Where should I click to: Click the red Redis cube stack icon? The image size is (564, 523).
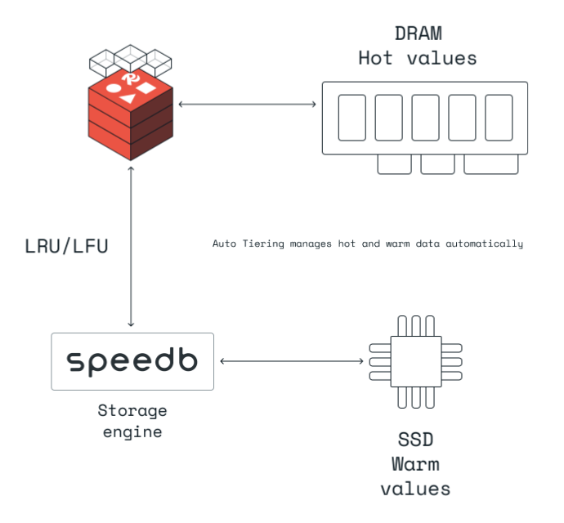point(132,114)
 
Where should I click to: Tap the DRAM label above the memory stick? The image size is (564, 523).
point(417,35)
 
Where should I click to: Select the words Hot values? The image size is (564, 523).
point(417,58)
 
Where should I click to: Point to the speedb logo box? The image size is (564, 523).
point(132,361)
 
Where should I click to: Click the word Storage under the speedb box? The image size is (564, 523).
point(132,410)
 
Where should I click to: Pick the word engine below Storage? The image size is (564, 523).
point(132,431)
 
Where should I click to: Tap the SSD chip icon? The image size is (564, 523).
point(415,360)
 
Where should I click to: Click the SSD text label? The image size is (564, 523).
point(414,440)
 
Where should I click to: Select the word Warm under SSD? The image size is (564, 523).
point(414,464)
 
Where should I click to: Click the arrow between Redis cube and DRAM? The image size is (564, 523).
point(247,104)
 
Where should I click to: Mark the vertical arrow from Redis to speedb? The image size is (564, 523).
point(132,245)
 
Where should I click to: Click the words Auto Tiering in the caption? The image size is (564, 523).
point(248,244)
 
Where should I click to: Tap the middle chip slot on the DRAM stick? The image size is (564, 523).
point(425,118)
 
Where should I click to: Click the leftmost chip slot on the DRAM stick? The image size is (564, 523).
point(351,118)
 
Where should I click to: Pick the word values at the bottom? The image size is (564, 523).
point(414,489)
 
